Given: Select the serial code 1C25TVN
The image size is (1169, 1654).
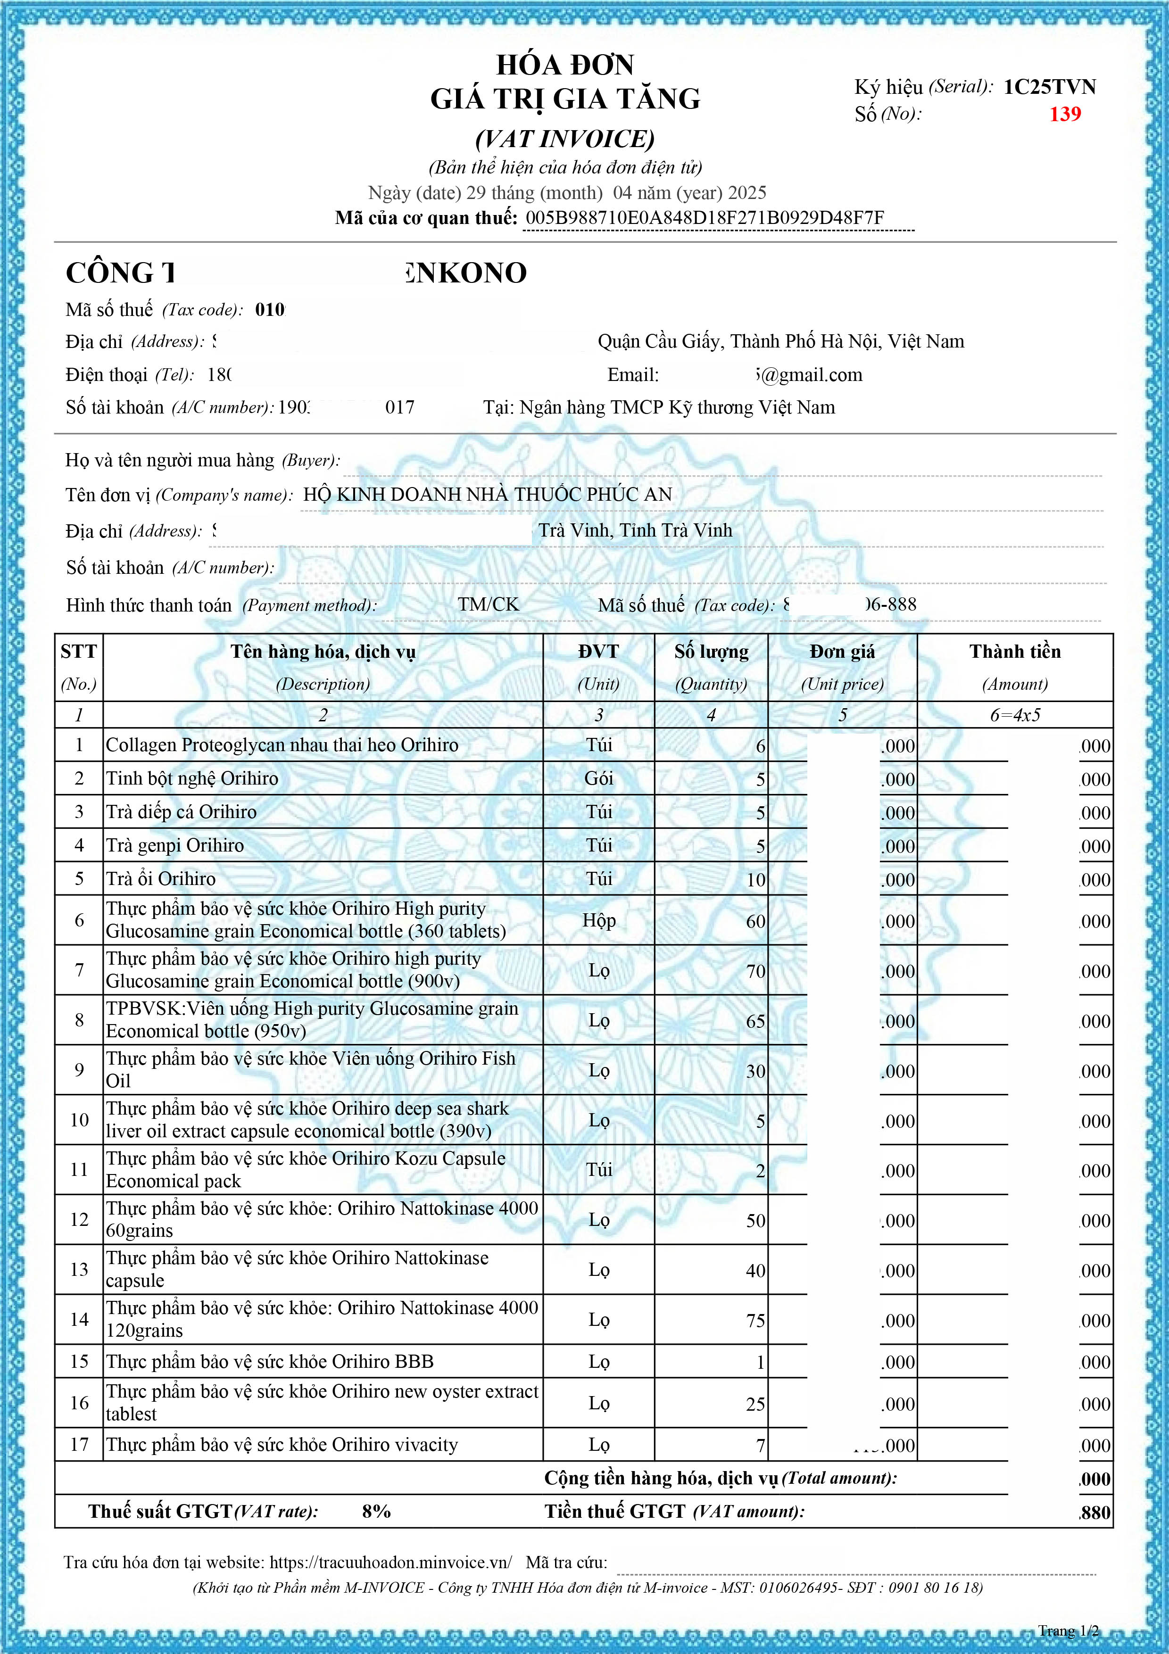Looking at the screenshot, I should click(x=1049, y=87).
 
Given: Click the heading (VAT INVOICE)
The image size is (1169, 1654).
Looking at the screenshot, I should click(x=564, y=139).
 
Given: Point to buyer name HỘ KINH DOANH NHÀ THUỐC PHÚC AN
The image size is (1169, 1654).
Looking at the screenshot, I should click(x=487, y=494).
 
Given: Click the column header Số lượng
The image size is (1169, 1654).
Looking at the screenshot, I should click(x=711, y=652).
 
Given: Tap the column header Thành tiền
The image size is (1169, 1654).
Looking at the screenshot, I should click(x=1014, y=652).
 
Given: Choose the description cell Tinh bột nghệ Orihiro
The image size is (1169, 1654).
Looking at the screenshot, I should click(x=192, y=779).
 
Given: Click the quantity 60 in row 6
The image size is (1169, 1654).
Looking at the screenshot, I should click(x=755, y=921).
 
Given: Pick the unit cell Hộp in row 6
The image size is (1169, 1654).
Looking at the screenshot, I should click(x=598, y=921).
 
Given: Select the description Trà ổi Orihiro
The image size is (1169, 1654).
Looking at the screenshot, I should click(x=161, y=879).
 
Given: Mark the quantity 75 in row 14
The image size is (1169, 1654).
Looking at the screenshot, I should click(x=755, y=1321).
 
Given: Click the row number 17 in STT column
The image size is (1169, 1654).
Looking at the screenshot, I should click(x=79, y=1444).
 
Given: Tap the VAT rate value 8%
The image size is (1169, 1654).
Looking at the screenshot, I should click(x=376, y=1511).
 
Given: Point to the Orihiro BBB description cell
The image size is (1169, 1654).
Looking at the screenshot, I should click(x=270, y=1362).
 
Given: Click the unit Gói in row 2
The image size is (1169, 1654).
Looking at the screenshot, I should click(x=598, y=779).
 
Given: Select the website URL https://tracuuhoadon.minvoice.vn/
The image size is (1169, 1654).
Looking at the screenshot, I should click(x=391, y=1563).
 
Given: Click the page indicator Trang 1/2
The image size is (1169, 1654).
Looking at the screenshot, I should click(x=1068, y=1631).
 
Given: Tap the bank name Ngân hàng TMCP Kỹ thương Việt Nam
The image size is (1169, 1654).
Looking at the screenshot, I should click(x=677, y=408).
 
